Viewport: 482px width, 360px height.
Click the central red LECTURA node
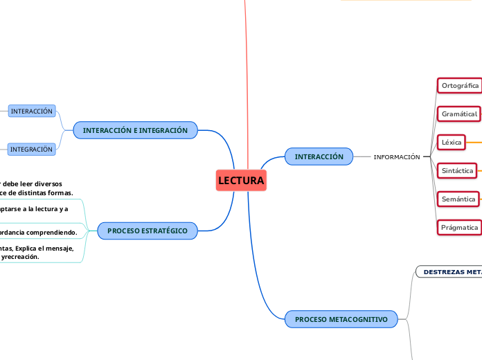coord(241,181)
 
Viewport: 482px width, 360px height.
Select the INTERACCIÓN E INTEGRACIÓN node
coord(135,130)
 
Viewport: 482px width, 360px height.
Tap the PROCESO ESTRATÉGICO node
coord(148,231)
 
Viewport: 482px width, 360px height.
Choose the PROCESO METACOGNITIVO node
coord(341,319)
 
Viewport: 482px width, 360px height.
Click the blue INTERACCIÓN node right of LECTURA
coord(319,156)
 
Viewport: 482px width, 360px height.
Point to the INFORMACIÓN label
coord(397,157)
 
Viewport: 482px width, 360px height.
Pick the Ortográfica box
coord(460,85)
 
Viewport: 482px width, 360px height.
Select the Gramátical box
coord(459,114)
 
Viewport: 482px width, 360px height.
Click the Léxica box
coord(452,142)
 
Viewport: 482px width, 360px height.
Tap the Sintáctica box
coord(457,170)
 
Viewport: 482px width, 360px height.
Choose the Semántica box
coord(458,199)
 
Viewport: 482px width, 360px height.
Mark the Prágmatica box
coord(460,227)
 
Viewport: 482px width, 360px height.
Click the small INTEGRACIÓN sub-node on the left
coord(31,149)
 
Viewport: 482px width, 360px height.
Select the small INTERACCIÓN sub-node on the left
coord(31,111)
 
